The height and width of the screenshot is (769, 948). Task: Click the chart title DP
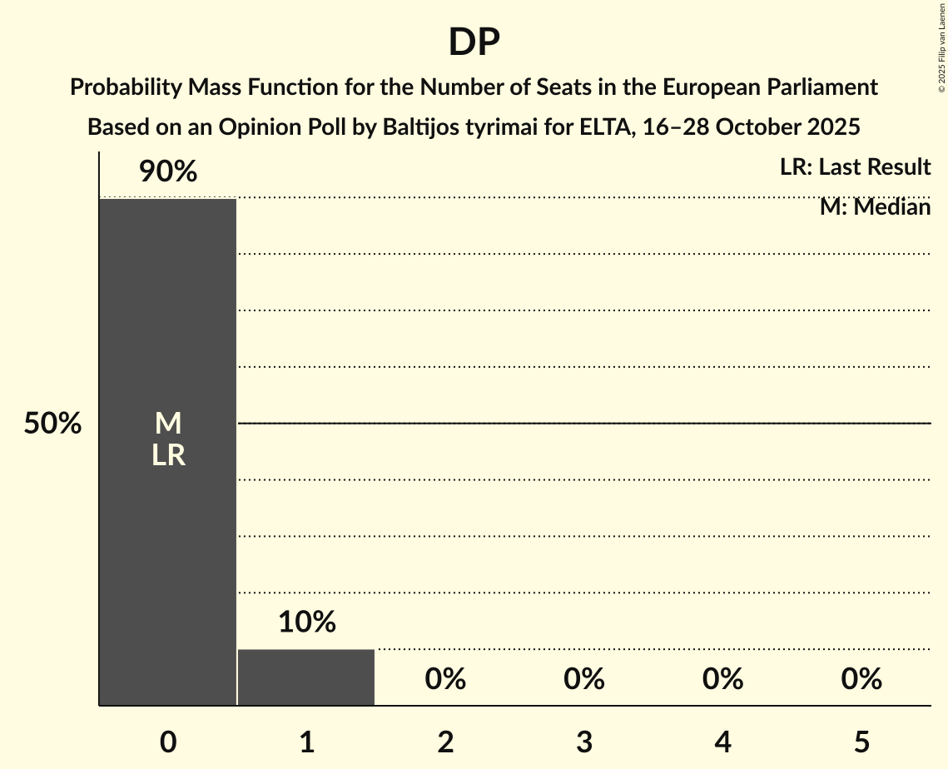tap(474, 42)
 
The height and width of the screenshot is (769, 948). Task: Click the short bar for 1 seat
tap(306, 677)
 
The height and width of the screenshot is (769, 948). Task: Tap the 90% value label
tap(168, 172)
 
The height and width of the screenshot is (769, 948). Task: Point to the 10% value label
tap(306, 622)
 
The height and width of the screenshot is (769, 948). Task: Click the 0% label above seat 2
tap(445, 679)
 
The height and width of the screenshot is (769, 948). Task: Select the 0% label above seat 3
tap(584, 679)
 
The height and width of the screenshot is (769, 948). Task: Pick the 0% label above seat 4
tap(722, 679)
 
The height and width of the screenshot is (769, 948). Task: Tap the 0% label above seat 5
tap(861, 679)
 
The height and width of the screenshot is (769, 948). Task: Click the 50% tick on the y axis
tap(52, 424)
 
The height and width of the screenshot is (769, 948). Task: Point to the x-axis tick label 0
tap(168, 742)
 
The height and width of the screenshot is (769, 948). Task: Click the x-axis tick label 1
tap(306, 742)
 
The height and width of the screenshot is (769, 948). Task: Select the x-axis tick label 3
tap(584, 742)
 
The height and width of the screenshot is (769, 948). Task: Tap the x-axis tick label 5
tap(861, 742)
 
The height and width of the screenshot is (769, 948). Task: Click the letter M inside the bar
tap(168, 424)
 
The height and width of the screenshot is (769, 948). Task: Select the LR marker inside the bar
tap(168, 455)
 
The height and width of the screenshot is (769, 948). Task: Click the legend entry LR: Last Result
tap(855, 167)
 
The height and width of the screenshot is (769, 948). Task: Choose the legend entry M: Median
tap(875, 207)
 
